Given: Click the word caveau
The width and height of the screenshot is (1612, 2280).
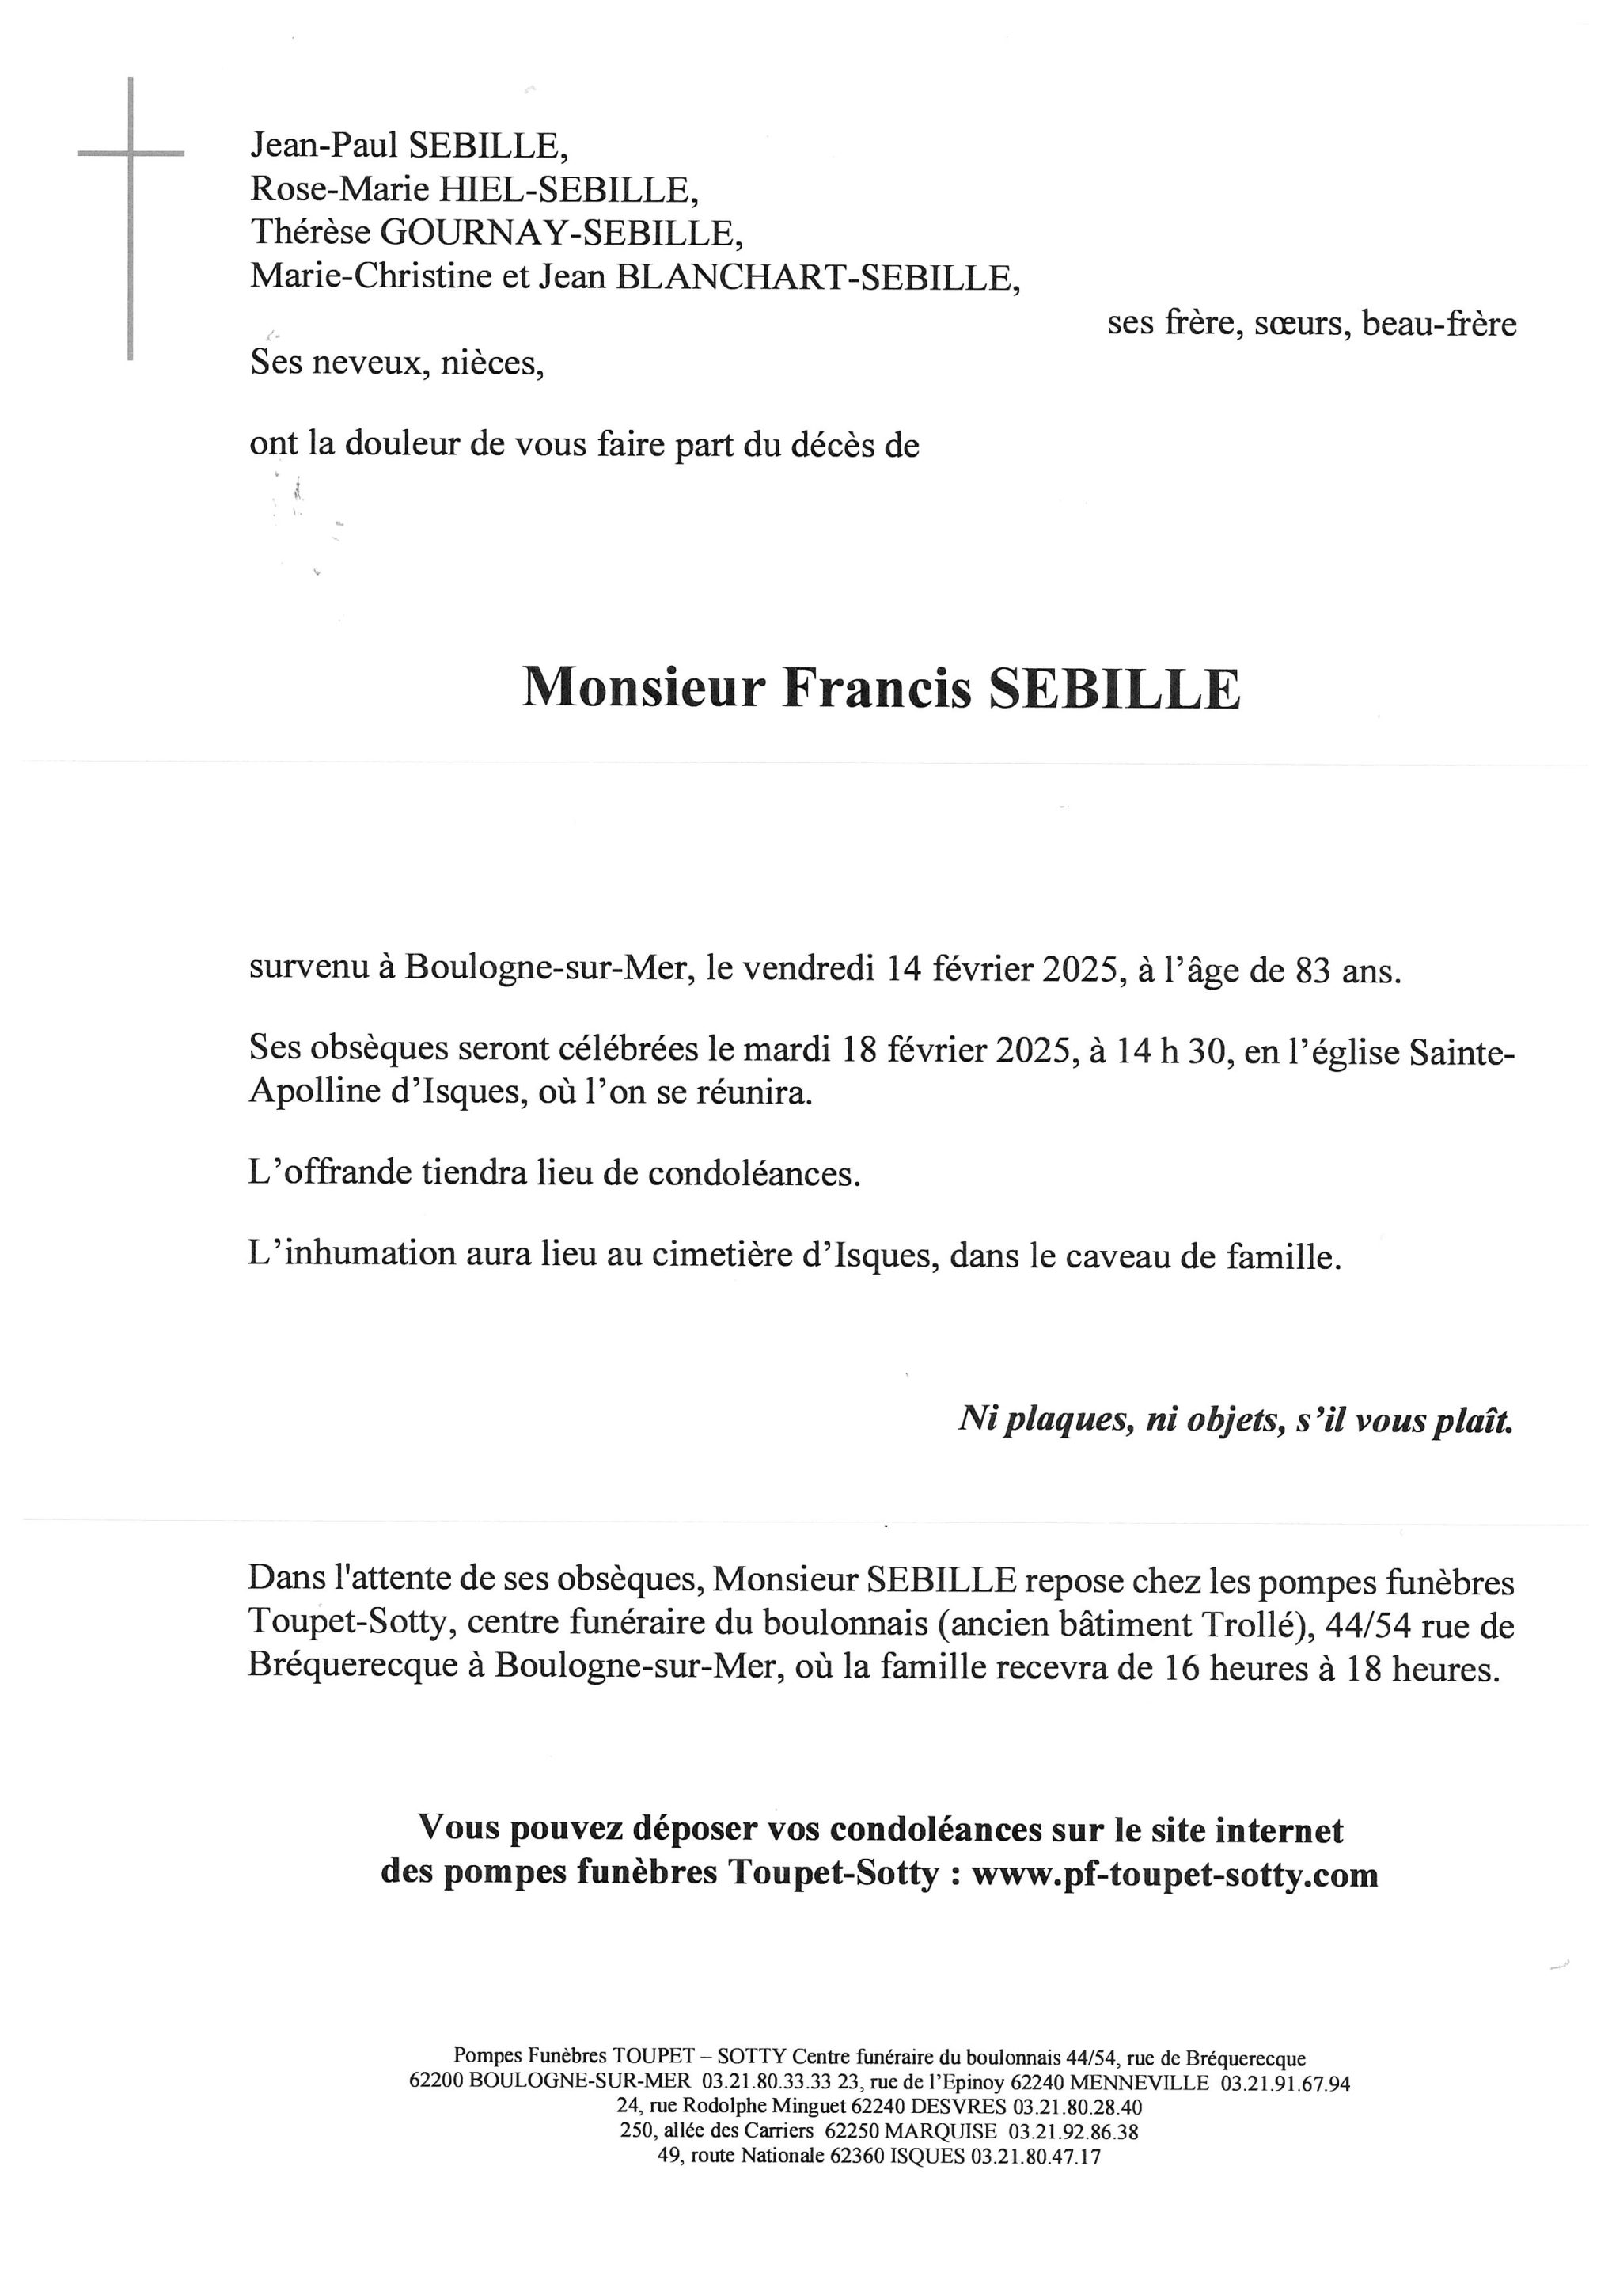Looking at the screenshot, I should pos(1117,1257).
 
